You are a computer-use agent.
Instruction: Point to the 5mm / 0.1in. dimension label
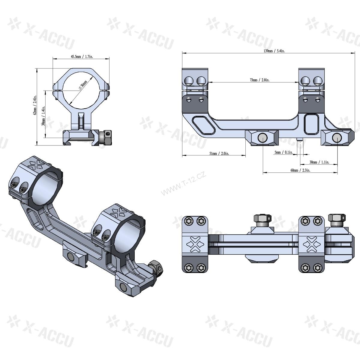coord(283,152)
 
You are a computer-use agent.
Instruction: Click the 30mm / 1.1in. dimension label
coord(319,162)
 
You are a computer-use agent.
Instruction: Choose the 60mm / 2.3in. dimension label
coord(300,170)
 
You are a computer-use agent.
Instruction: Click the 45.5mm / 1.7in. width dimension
coord(81,56)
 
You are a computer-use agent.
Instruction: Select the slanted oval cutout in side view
coord(204,125)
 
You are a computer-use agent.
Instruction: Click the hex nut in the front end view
coord(107,137)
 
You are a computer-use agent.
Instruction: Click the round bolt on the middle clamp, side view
coord(262,138)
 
